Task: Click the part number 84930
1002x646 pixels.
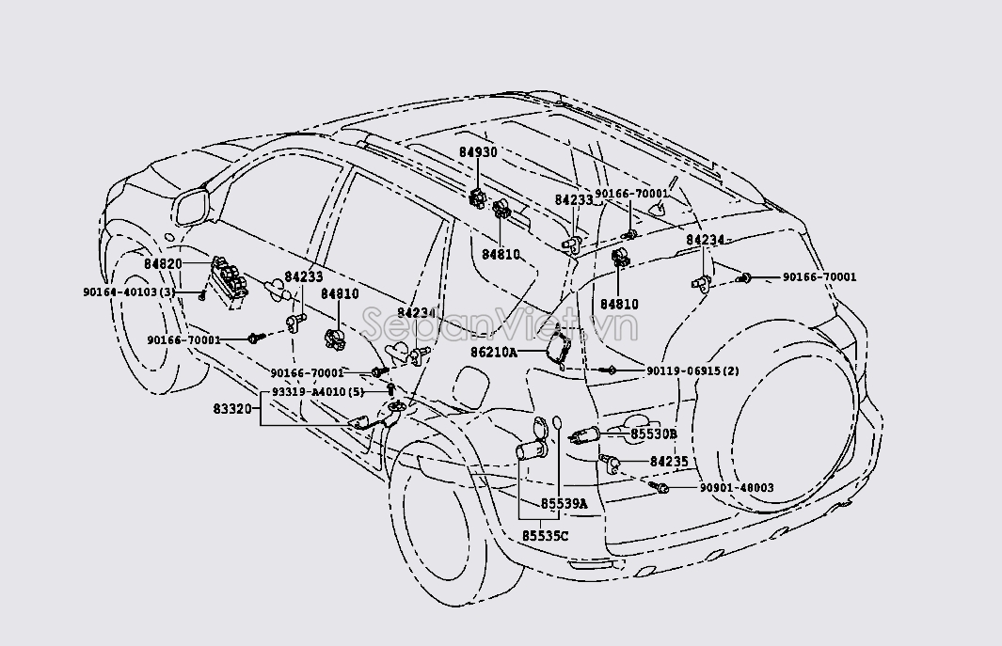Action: tap(478, 152)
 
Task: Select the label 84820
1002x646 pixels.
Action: tap(163, 264)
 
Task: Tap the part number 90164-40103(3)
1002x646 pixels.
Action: tap(129, 292)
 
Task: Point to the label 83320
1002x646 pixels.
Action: tap(232, 409)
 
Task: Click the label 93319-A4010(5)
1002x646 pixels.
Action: tap(317, 391)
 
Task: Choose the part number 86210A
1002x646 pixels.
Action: tap(495, 353)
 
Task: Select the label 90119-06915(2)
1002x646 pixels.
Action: tap(692, 371)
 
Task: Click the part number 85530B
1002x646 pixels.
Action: tap(654, 433)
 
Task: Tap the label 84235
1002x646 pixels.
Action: tap(669, 462)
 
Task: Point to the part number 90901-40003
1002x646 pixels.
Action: tap(736, 488)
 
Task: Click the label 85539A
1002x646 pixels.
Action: tap(564, 504)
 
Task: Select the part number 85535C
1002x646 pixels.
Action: tap(546, 536)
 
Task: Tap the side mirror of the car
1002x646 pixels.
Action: tap(191, 207)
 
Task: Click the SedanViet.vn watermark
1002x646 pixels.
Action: tap(500, 326)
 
